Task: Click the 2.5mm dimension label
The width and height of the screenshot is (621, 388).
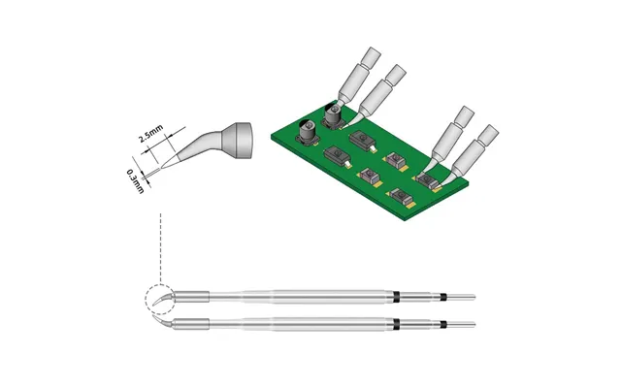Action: [x=150, y=134]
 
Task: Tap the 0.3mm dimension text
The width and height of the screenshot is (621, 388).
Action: [x=135, y=181]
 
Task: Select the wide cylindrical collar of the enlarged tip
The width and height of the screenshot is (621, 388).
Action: [x=237, y=140]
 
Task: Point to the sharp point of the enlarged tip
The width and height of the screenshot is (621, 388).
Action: [x=161, y=168]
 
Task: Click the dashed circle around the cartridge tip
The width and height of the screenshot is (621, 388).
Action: [x=146, y=300]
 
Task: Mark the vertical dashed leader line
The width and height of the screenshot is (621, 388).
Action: [x=160, y=248]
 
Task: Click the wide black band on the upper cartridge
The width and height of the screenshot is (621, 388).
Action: [x=396, y=297]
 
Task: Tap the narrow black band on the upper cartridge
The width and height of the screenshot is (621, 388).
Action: [x=443, y=297]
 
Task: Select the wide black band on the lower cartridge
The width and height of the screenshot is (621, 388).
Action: [x=396, y=324]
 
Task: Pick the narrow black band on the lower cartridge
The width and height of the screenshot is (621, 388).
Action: [x=443, y=324]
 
